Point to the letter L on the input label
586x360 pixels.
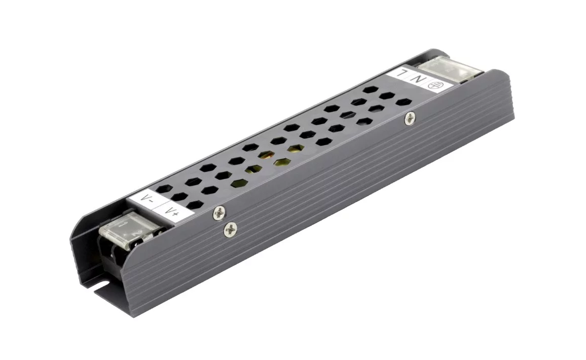(x=402, y=73)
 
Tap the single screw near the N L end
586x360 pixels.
(x=410, y=119)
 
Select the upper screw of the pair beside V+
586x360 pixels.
(x=218, y=213)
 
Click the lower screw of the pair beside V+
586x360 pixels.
(x=230, y=230)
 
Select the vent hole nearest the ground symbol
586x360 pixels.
(x=403, y=102)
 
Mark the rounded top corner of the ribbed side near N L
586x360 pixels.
(x=491, y=75)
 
